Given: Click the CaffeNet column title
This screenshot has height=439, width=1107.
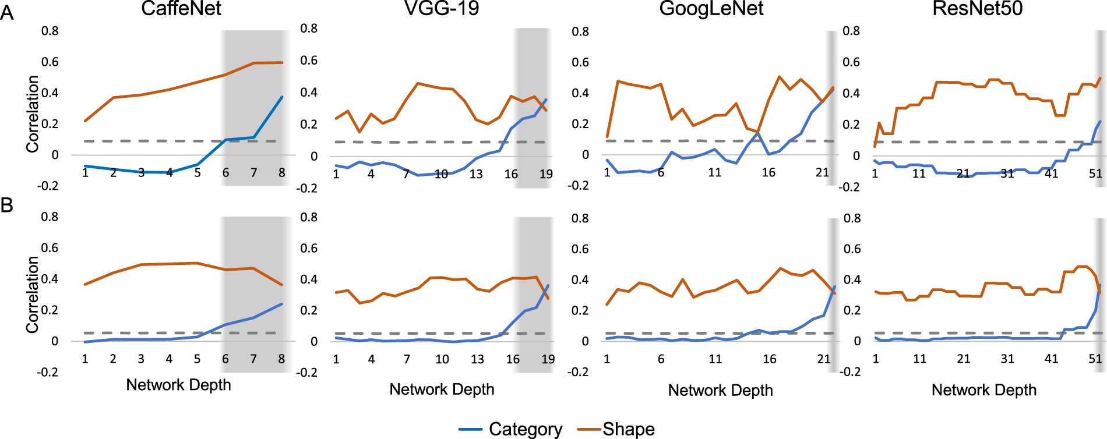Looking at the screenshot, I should pyautogui.click(x=181, y=9).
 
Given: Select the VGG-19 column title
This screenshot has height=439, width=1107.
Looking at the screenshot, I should pyautogui.click(x=442, y=9).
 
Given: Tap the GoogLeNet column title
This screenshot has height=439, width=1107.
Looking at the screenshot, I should pyautogui.click(x=711, y=9).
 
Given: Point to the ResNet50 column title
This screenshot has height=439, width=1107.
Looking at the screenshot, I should pyautogui.click(x=977, y=9).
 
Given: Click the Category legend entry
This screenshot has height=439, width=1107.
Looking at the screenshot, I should pyautogui.click(x=524, y=429).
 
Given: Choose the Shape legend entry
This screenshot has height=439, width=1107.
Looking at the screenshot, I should pyautogui.click(x=628, y=429).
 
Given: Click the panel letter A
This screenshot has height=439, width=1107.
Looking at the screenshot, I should pyautogui.click(x=7, y=13).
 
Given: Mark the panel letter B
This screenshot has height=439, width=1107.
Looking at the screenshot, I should pyautogui.click(x=7, y=205).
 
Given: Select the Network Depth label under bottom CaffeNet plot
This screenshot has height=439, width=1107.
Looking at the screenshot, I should pyautogui.click(x=178, y=385).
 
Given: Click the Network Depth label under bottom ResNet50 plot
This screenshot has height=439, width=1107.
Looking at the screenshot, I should pyautogui.click(x=983, y=390).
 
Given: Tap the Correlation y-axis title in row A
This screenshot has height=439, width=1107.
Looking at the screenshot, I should pyautogui.click(x=33, y=114).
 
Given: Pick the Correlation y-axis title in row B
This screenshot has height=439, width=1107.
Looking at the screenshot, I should pyautogui.click(x=33, y=295).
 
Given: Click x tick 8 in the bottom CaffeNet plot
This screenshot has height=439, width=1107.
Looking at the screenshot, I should pyautogui.click(x=281, y=359).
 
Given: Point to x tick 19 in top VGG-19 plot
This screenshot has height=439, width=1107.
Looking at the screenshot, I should pyautogui.click(x=546, y=174).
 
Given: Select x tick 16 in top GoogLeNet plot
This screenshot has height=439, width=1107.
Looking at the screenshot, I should pyautogui.click(x=768, y=172).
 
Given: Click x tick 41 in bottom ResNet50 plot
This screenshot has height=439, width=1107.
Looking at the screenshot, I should pyautogui.click(x=1051, y=359).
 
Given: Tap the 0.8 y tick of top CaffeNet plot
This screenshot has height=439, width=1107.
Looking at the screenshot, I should pyautogui.click(x=50, y=31).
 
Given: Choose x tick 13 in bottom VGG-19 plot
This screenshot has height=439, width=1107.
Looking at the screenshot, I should pyautogui.click(x=477, y=359).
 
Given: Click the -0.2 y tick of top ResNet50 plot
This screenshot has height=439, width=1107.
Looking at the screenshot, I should pyautogui.click(x=849, y=187).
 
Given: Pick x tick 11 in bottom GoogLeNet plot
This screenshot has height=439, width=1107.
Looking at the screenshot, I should pyautogui.click(x=715, y=359).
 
